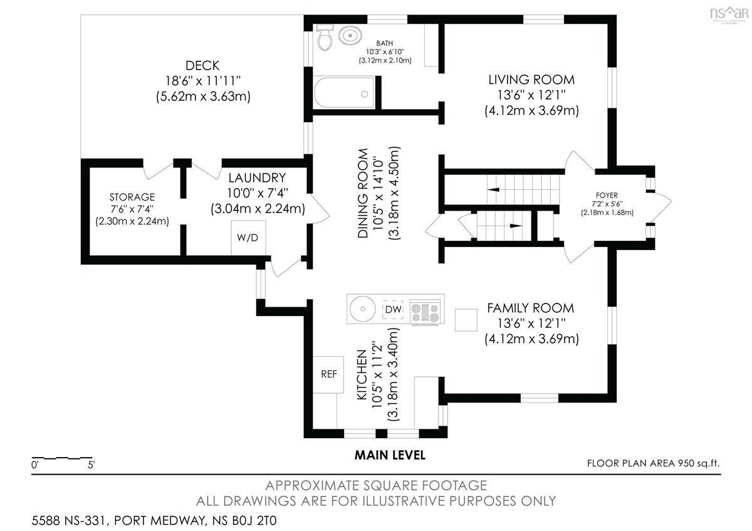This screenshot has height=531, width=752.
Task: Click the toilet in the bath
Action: pyautogui.click(x=325, y=37)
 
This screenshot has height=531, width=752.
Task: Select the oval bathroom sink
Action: pyautogui.click(x=350, y=35)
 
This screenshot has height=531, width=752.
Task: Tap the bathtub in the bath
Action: pyautogui.click(x=344, y=92)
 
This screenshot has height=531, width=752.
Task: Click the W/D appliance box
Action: pyautogui.click(x=248, y=238)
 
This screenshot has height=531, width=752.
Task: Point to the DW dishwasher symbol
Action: pyautogui.click(x=393, y=309)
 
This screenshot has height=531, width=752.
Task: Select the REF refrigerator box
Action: pyautogui.click(x=328, y=374)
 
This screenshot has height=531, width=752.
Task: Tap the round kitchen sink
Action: pyautogui.click(x=363, y=309)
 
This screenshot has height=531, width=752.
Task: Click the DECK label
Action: pyautogui.click(x=202, y=65)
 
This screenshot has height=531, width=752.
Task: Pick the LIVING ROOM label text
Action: pyautogui.click(x=531, y=80)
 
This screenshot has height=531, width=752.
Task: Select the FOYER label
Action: pyautogui.click(x=607, y=195)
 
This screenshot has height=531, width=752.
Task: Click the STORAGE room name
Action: pyautogui.click(x=132, y=197)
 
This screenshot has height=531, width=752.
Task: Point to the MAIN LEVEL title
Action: pyautogui.click(x=390, y=455)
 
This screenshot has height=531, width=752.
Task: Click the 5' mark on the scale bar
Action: pyautogui.click(x=91, y=465)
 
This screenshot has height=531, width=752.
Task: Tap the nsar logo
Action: pyautogui.click(x=729, y=14)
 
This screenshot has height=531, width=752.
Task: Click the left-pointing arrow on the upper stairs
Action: pyautogui.click(x=493, y=189)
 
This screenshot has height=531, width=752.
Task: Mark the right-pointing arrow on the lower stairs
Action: pyautogui.click(x=516, y=226)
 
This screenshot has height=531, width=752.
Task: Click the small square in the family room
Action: pyautogui.click(x=466, y=320)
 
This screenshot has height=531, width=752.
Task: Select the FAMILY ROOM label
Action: pyautogui.click(x=530, y=308)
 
